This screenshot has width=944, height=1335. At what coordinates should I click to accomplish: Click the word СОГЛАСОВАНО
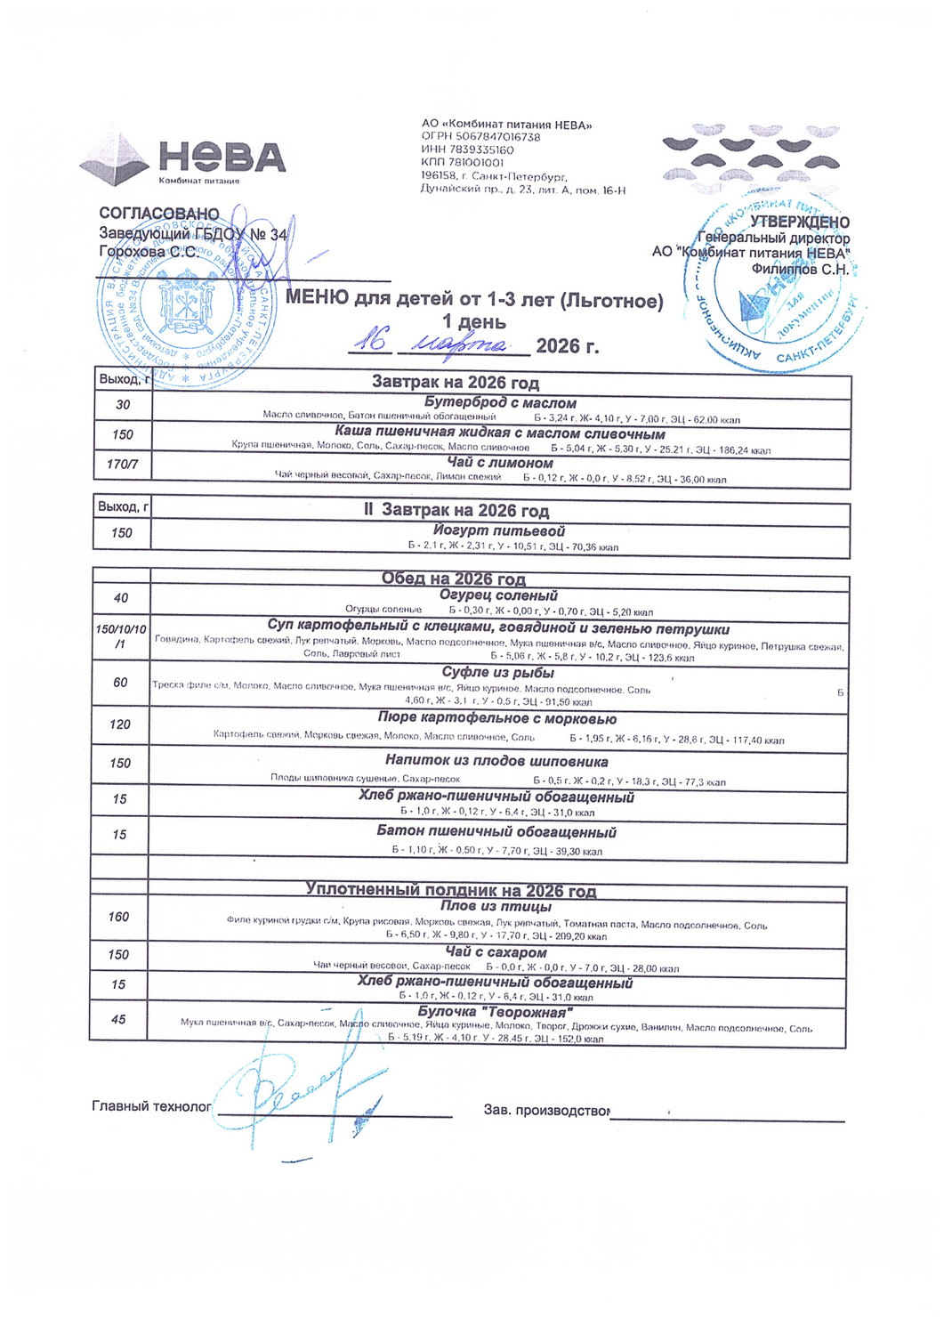[158, 214]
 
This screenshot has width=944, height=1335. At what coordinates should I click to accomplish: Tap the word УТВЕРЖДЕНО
[799, 222]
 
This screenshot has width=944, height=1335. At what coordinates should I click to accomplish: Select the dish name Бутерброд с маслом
[500, 403]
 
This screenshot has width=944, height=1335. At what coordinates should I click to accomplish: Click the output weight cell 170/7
[123, 465]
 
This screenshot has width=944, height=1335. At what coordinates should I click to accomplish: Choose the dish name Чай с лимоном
[500, 463]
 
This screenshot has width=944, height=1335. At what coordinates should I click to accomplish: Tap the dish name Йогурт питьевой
[499, 531]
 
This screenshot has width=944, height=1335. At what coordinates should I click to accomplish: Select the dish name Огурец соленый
[498, 595]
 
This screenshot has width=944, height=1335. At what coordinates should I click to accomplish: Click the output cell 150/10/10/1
[121, 636]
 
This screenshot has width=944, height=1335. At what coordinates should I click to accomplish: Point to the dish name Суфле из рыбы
[498, 673]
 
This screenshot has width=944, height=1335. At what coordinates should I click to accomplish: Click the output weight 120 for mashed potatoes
[120, 724]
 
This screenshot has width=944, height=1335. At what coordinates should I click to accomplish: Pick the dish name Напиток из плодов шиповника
[496, 762]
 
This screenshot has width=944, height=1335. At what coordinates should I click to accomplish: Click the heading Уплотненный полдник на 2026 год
[451, 890]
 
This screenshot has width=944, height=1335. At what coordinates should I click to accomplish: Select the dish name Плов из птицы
[496, 907]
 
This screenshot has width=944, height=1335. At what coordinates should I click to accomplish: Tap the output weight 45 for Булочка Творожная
[118, 1020]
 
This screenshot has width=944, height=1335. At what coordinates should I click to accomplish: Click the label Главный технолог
[151, 1107]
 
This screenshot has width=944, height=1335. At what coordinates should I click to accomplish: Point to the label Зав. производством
[546, 1111]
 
